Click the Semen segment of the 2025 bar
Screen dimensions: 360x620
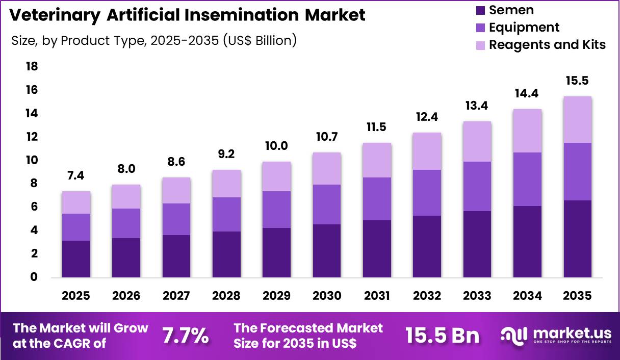76,259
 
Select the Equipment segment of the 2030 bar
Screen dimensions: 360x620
327,204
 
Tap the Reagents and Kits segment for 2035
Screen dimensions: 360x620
578,120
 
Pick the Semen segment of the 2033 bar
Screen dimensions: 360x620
477,244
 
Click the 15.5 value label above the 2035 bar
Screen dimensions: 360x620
578,81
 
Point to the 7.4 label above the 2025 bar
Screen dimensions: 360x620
76,175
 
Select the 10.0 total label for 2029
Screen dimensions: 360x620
277,146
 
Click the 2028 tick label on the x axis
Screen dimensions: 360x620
226,296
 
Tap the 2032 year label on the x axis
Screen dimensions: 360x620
427,296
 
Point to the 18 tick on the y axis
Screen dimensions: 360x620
31,67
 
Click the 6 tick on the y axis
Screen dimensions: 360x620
34,207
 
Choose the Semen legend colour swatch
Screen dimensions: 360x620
480,10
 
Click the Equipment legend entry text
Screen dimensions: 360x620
524,28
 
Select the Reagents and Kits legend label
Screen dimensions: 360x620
547,45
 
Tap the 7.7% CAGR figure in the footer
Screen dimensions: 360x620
185,336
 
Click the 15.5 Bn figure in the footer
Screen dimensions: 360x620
443,336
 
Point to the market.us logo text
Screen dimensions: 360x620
572,332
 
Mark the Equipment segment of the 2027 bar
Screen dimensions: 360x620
176,219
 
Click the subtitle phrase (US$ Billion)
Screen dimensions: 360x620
260,41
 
